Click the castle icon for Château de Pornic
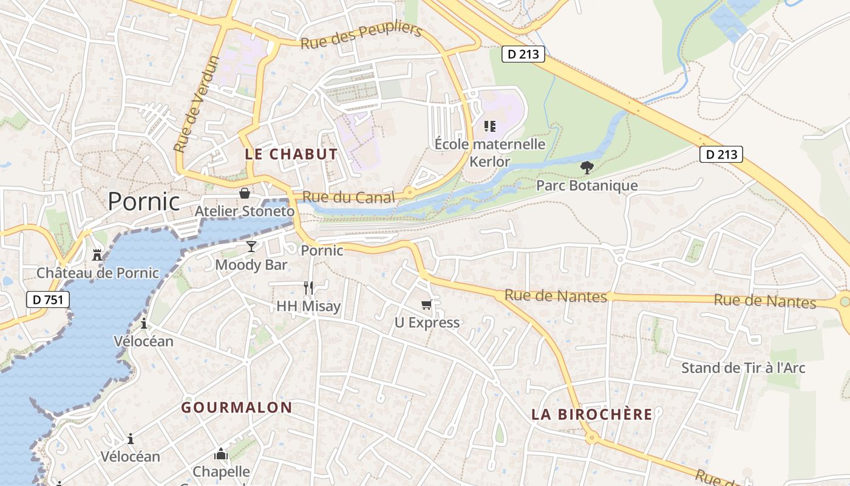pyautogui.click(x=97, y=254)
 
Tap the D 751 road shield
pyautogui.click(x=48, y=299)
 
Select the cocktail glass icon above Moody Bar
pyautogui.click(x=251, y=246)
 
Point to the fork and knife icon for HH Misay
pyautogui.click(x=308, y=287)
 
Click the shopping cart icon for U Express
pyautogui.click(x=427, y=304)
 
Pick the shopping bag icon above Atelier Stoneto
pyautogui.click(x=244, y=193)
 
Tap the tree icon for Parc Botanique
pyautogui.click(x=586, y=167)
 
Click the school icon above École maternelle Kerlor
pyautogui.click(x=490, y=126)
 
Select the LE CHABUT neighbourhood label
pyautogui.click(x=291, y=154)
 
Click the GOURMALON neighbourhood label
pyautogui.click(x=237, y=408)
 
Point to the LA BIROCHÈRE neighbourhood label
pyautogui.click(x=592, y=415)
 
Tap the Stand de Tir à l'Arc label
pyautogui.click(x=743, y=368)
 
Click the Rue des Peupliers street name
pyautogui.click(x=361, y=36)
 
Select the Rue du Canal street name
pyautogui.click(x=348, y=197)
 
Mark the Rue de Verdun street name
pyautogui.click(x=195, y=104)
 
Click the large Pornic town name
pyautogui.click(x=144, y=202)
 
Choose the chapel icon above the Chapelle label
pyautogui.click(x=221, y=454)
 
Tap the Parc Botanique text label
pyautogui.click(x=586, y=185)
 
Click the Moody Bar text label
pyautogui.click(x=251, y=265)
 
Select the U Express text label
pyautogui.click(x=427, y=323)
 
